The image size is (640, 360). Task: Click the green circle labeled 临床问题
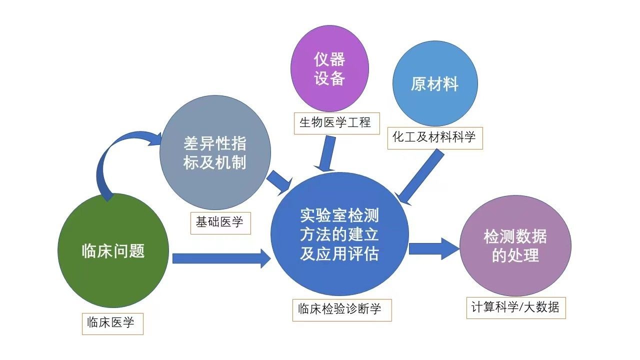113,250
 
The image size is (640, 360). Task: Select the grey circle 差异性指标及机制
215,153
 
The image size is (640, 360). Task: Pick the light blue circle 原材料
434,83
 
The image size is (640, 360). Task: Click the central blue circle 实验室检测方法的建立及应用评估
339,234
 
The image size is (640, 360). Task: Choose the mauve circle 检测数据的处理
515,245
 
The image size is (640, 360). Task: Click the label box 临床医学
112,323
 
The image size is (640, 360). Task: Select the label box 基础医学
220,222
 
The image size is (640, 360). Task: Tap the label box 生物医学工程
335,122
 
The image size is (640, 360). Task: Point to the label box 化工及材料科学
434,137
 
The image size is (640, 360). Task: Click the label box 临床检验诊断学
341,309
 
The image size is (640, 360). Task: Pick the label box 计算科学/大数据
515,307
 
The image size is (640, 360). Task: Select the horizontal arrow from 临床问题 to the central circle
220,258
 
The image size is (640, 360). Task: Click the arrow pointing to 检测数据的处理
433,248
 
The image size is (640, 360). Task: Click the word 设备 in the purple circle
329,79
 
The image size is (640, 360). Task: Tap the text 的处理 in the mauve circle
515,255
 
